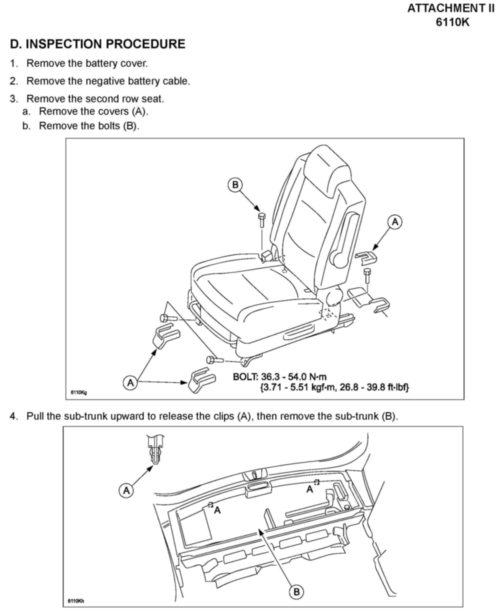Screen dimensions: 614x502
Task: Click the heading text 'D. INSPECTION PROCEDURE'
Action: point(97,44)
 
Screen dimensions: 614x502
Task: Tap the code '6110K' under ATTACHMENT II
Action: point(453,22)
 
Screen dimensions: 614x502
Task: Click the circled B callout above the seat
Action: point(235,185)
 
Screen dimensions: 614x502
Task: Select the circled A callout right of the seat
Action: point(395,222)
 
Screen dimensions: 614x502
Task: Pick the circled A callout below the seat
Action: point(131,383)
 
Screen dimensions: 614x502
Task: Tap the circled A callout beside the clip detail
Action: point(126,490)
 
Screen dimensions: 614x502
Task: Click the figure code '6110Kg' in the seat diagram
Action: point(79,392)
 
